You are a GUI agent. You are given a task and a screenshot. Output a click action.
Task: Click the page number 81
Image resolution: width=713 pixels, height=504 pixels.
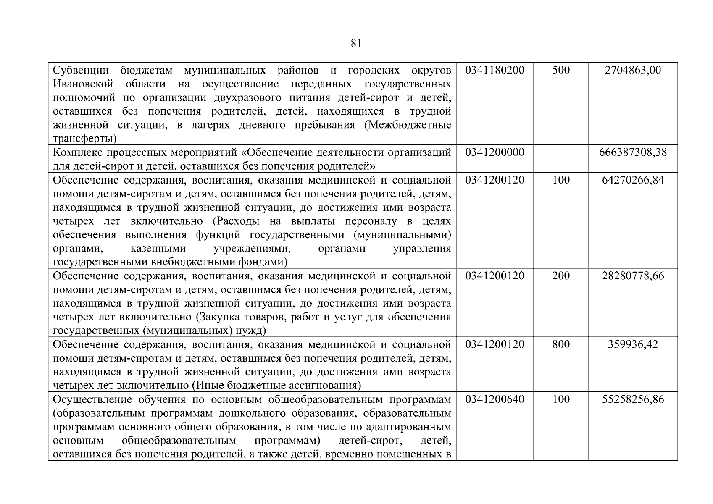tap(355, 43)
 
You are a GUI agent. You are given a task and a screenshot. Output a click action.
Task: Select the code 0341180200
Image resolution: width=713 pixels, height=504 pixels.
tap(495, 70)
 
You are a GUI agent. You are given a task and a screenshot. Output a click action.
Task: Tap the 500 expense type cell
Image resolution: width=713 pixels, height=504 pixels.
tap(560, 70)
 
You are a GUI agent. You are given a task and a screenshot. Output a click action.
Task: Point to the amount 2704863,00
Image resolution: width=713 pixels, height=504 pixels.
tap(633, 70)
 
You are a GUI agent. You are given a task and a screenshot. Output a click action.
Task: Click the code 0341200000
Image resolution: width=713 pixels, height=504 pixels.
tap(495, 152)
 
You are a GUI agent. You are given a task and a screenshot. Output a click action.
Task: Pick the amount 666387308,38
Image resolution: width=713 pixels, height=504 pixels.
tap(633, 152)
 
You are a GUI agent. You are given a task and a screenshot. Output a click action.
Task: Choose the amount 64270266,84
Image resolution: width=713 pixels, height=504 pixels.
tap(633, 180)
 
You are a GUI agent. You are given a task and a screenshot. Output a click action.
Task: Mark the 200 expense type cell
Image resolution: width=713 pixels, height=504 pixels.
tap(560, 276)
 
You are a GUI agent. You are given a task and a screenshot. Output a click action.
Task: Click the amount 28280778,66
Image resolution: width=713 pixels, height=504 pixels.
tap(633, 276)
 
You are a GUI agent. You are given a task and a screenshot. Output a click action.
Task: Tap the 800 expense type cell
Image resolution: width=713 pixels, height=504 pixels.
tap(560, 344)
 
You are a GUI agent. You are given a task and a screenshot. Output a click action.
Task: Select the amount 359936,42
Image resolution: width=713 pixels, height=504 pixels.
tap(633, 344)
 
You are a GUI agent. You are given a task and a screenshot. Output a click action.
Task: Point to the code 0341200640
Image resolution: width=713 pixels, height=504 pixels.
tap(495, 399)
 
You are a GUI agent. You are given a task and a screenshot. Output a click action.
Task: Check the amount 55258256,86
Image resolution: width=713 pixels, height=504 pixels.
tap(633, 399)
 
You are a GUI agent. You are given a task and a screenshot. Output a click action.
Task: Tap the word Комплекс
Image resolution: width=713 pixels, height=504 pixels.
tap(78, 152)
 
